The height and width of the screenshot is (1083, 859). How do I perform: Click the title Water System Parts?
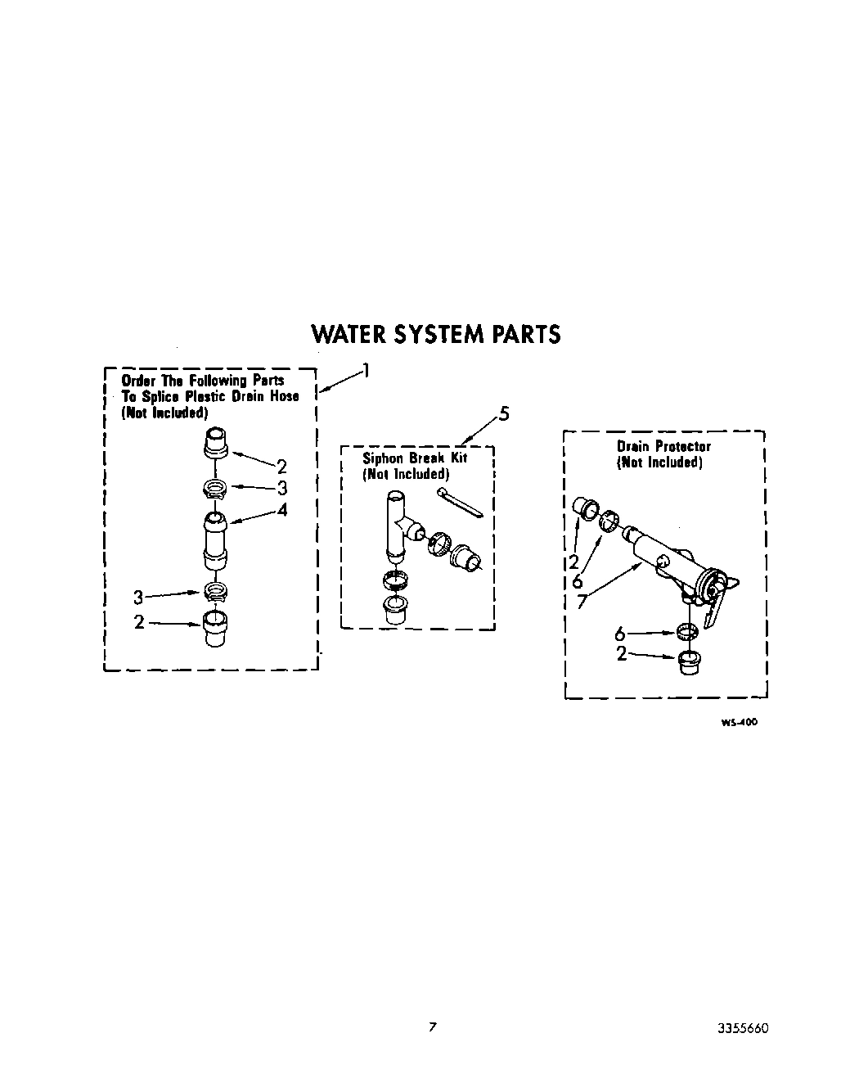(x=436, y=334)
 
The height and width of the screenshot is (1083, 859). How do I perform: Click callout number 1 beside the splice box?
(x=366, y=371)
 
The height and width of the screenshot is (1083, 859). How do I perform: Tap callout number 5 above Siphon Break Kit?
(x=503, y=413)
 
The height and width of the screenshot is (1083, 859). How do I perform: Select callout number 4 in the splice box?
(x=282, y=509)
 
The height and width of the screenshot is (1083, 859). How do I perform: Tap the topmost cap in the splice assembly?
(x=214, y=443)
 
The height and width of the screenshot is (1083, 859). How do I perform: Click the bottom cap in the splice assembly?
(x=214, y=630)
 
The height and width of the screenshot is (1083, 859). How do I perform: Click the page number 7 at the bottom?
(x=433, y=1027)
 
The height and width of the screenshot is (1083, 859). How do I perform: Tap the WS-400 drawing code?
(x=739, y=723)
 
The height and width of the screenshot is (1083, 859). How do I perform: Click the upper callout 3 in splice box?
(x=282, y=489)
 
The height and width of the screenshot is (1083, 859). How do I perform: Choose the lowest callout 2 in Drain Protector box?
(x=622, y=653)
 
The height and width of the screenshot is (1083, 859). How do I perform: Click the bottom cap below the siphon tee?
(x=396, y=610)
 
